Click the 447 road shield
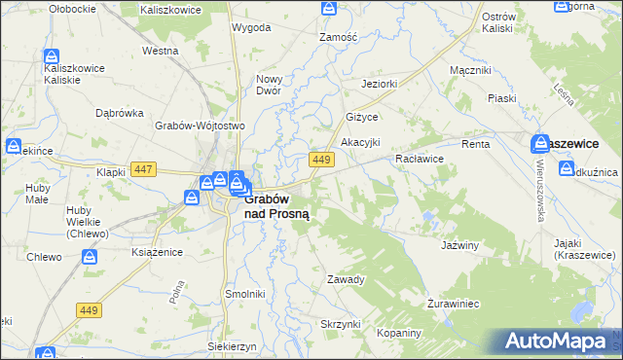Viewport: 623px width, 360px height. point(144,169)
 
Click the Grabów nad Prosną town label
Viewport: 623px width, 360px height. point(276,205)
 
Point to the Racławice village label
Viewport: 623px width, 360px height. point(420,158)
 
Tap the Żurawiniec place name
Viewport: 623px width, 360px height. point(454,304)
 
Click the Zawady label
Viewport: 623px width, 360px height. point(346,279)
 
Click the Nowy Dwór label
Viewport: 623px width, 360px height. point(269,85)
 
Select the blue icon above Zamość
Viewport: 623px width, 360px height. point(329,9)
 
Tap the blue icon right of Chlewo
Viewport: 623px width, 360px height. point(89,257)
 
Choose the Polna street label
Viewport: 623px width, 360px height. point(178,292)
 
